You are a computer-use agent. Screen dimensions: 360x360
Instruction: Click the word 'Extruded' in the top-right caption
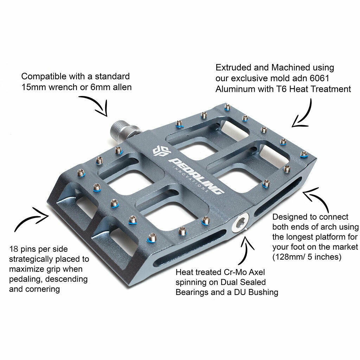point(233,67)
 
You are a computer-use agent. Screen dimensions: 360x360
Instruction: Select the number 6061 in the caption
point(319,78)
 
